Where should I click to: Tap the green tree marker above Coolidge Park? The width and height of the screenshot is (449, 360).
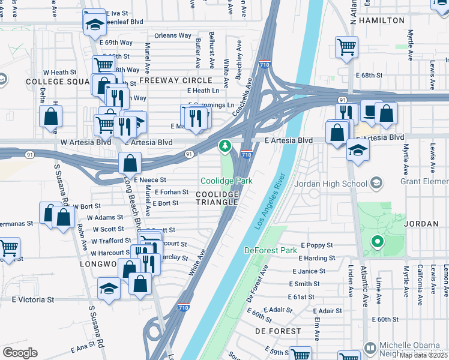(225, 146)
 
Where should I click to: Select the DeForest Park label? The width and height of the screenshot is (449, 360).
(270, 250)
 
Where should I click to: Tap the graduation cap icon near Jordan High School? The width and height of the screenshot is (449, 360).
(358, 151)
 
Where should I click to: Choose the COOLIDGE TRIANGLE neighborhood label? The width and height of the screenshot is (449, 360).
(217, 198)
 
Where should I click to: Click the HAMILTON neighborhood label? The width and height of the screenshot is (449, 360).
(382, 20)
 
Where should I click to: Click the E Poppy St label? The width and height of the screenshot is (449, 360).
(316, 245)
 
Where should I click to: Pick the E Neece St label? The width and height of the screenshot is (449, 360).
(149, 179)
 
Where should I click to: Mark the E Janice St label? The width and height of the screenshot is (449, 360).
(309, 271)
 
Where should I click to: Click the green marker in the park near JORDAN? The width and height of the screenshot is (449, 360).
(377, 242)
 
